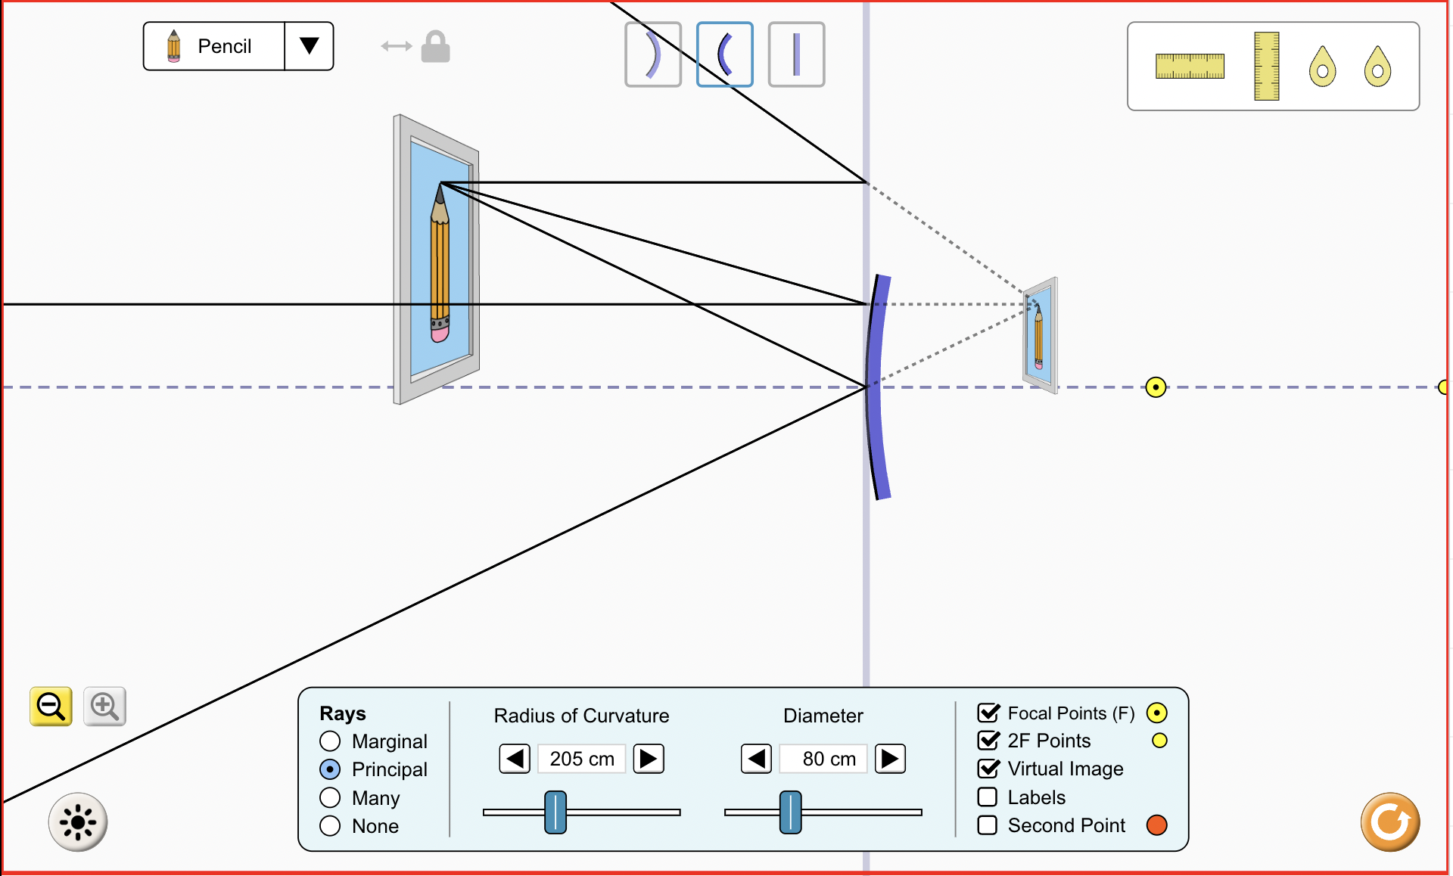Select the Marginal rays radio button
[330, 741]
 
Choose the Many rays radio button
[330, 798]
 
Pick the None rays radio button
[330, 826]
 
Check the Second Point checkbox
[988, 825]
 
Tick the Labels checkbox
[988, 797]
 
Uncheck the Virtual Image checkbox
[988, 769]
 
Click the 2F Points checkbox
[988, 741]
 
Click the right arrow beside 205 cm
[649, 759]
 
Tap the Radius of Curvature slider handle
[555, 812]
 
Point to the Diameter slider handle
[790, 812]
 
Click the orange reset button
[1389, 822]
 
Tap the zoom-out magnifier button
[51, 707]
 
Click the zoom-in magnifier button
[104, 707]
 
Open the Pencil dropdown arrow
[309, 46]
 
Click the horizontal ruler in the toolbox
[1190, 67]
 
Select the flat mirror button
[796, 54]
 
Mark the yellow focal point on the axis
[1156, 387]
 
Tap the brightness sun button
[78, 822]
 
